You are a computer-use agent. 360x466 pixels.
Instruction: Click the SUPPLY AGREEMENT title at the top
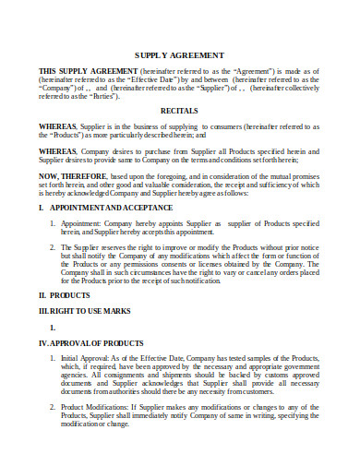(x=180, y=55)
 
